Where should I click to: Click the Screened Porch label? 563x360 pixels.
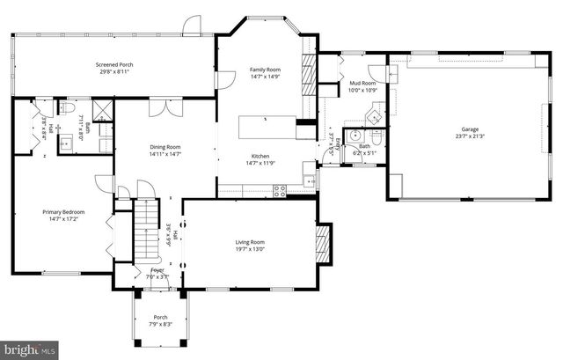114,65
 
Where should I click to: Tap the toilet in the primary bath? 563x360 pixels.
67,107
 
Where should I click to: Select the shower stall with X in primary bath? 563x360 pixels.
101,111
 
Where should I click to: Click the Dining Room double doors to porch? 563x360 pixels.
160,107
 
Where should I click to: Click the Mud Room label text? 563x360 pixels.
358,82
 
